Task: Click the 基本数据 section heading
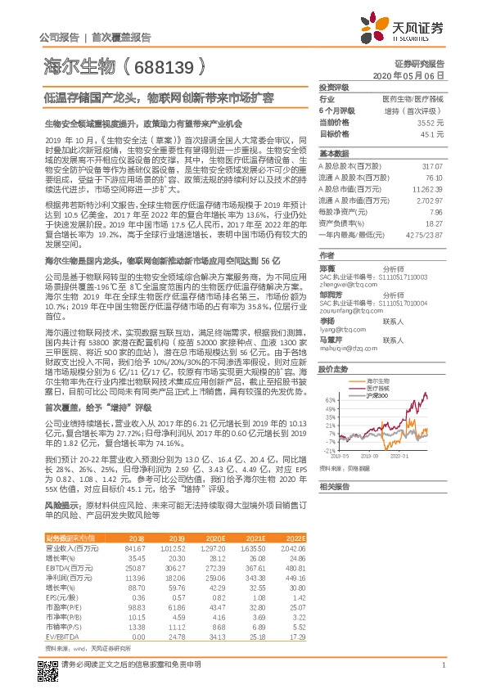[x=334, y=153]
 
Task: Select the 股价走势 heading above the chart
[x=334, y=347]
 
